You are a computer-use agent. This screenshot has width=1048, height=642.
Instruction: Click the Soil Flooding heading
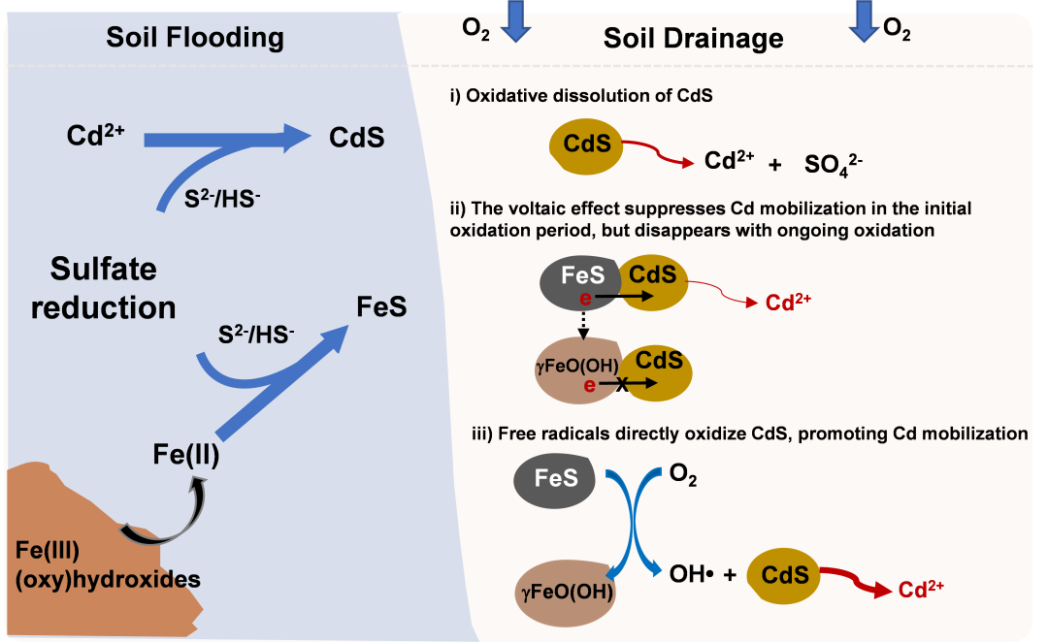point(194,38)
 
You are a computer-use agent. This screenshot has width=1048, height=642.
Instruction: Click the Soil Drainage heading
point(693,38)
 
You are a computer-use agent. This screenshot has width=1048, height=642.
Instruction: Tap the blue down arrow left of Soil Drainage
point(515,21)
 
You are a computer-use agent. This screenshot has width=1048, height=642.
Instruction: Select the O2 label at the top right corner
point(897,29)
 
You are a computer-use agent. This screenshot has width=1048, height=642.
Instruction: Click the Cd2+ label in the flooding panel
point(95,135)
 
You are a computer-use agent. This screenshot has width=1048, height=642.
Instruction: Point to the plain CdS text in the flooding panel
point(356,138)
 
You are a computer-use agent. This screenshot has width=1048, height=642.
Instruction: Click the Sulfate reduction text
point(104,288)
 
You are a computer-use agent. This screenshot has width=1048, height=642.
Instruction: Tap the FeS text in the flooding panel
point(381,306)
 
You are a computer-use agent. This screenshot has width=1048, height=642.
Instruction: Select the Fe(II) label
point(185,454)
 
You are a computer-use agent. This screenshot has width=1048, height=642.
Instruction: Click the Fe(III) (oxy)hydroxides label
point(108,564)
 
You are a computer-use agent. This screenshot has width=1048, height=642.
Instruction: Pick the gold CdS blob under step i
point(586,145)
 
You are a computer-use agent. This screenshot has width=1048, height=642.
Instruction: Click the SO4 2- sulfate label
point(833,164)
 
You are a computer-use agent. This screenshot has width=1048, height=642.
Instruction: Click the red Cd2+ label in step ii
point(788,302)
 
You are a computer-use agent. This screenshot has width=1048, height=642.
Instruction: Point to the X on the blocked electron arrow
point(622,383)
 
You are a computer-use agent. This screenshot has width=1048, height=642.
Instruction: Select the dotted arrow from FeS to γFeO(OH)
point(583,324)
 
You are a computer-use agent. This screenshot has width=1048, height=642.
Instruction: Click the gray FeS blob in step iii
point(555,479)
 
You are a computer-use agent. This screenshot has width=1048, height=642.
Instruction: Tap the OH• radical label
point(692,574)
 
